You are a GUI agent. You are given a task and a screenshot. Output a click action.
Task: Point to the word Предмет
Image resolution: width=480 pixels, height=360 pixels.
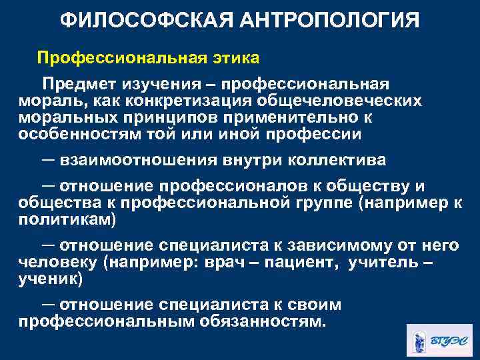click(x=78, y=85)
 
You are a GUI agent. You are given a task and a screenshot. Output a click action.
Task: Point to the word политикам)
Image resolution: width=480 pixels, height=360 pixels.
click(x=67, y=219)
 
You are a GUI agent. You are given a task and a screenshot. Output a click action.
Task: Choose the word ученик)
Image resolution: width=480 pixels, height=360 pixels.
click(x=50, y=277)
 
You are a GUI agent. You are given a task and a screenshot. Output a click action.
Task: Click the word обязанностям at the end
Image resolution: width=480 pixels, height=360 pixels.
click(x=266, y=321)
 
